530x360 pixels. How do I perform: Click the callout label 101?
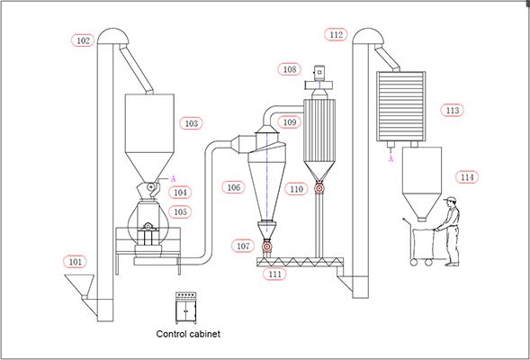[75, 262]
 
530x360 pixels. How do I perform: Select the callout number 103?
[192, 123]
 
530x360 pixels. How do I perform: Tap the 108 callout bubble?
[290, 69]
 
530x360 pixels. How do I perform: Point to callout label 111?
[274, 274]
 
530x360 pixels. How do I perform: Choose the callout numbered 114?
[467, 177]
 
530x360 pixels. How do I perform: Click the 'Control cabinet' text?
[188, 334]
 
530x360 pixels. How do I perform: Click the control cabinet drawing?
[185, 308]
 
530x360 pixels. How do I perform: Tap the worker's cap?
[450, 200]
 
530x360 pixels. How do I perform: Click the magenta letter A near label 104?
[174, 179]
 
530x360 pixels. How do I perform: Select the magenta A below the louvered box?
[391, 158]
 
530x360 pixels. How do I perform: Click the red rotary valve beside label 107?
[266, 247]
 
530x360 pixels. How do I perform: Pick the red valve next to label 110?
[319, 188]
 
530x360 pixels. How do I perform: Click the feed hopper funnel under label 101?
[79, 286]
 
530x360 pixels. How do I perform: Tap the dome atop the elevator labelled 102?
[113, 36]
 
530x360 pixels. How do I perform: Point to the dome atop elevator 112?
[368, 36]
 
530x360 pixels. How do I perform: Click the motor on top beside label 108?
[319, 72]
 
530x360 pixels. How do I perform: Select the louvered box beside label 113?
[401, 106]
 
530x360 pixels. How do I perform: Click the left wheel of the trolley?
[414, 262]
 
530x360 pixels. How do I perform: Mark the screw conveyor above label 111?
[300, 262]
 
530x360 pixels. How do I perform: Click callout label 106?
[233, 187]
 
